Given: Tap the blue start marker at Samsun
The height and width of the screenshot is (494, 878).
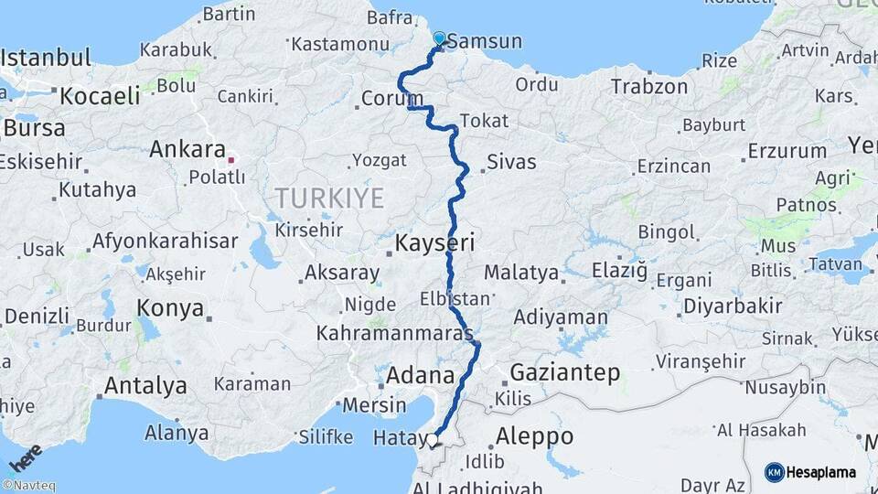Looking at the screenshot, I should click(440, 38).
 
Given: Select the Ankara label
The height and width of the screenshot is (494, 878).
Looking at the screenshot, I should click(187, 149).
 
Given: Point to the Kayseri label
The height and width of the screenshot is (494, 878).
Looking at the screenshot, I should click(434, 243).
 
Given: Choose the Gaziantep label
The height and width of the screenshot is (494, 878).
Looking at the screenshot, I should click(564, 373).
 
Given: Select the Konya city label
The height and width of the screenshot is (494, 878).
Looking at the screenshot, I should click(170, 308).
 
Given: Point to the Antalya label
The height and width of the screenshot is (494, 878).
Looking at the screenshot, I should click(145, 385).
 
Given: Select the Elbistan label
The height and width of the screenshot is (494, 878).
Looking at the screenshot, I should click(455, 299).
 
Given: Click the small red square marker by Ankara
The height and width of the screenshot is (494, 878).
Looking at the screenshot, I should click(231, 160).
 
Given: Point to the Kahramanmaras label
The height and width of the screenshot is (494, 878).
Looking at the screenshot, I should click(393, 334).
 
